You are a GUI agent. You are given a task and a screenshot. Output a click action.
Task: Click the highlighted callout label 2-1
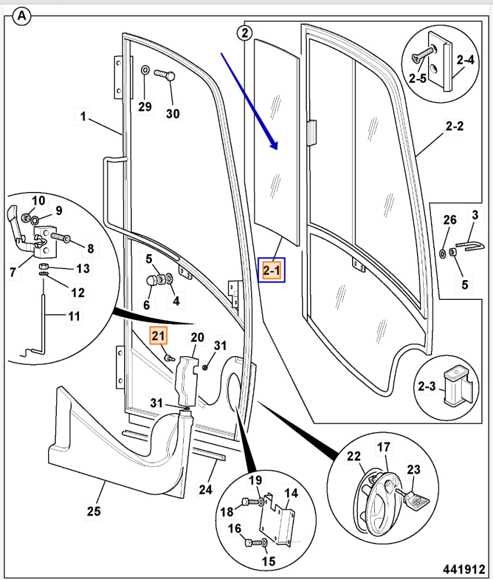271,270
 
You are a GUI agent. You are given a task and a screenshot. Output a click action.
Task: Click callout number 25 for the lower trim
94,511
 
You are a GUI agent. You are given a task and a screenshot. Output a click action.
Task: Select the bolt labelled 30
166,75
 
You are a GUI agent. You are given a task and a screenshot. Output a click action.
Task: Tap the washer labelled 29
145,70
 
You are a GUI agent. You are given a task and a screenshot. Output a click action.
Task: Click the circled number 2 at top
245,33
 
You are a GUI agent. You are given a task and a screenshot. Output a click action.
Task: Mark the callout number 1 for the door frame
84,117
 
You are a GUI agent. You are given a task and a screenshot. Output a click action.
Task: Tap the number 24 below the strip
206,489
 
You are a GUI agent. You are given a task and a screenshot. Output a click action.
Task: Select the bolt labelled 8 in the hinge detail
60,237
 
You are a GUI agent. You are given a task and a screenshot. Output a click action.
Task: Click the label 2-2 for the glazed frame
454,126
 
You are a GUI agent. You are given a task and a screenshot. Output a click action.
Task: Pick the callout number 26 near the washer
449,220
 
